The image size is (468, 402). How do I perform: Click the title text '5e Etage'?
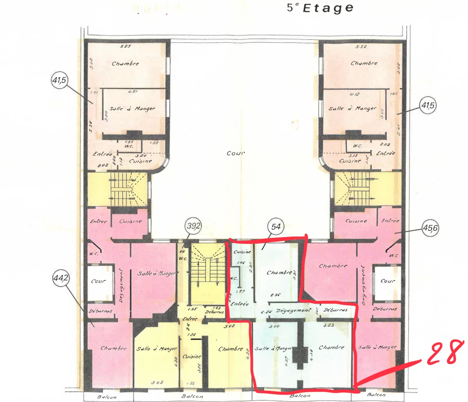coord(320,8)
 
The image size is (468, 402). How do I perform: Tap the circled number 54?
coord(276,227)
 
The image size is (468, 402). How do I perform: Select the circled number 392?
coord(193,226)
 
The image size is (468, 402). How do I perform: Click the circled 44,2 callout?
coord(61,278)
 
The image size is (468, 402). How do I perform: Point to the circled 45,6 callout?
coord(430,228)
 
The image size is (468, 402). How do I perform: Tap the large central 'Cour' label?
coord(235,153)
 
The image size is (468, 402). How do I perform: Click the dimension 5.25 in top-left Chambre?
coord(125,46)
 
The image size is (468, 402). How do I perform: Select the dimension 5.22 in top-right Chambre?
coord(361,47)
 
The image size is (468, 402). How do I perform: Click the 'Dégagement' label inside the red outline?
coord(293,311)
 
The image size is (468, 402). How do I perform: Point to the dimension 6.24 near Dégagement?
coord(266,312)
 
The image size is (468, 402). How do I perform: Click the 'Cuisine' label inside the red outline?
coord(242,252)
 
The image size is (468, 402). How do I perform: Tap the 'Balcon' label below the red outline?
coord(300,396)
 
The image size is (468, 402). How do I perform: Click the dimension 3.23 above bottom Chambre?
coord(329,325)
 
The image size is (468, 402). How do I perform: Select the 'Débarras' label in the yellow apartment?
coord(214,312)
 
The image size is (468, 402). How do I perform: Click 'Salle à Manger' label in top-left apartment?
coord(132,109)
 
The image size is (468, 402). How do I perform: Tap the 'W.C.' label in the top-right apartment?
coord(357,146)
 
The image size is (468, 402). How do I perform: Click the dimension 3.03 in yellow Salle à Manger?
coord(157,383)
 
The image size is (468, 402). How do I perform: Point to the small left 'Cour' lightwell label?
coord(98,281)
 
